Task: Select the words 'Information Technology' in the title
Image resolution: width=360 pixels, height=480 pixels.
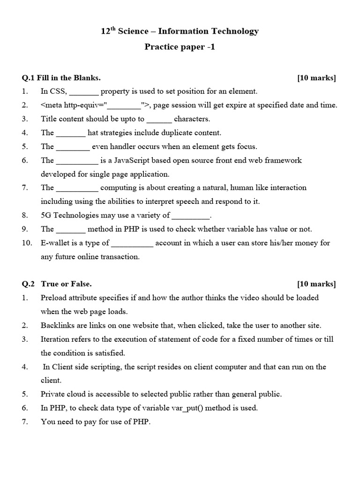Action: click(x=208, y=31)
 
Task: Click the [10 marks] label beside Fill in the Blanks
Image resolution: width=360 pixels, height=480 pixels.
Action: click(x=316, y=78)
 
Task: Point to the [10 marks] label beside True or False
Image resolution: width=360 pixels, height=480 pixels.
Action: click(x=316, y=284)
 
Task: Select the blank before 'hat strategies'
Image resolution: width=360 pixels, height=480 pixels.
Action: click(x=71, y=133)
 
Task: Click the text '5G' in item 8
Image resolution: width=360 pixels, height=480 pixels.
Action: click(x=46, y=216)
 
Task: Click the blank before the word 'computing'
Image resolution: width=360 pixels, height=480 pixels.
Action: click(x=77, y=188)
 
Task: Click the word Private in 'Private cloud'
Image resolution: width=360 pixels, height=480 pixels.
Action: click(x=53, y=394)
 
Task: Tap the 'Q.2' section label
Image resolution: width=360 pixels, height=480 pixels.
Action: click(x=29, y=284)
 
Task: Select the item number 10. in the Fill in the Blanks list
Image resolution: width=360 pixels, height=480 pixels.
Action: click(x=27, y=243)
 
